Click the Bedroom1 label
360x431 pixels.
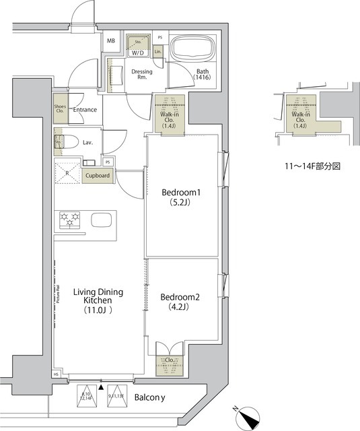182,198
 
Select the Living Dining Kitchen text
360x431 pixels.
98,301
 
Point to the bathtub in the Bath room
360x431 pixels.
192,50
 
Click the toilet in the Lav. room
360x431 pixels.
60,142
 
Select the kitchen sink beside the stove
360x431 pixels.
102,220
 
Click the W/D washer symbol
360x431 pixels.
138,44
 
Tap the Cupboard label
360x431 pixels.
98,176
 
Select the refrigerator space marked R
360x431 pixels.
67,173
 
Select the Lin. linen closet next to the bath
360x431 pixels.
158,51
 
